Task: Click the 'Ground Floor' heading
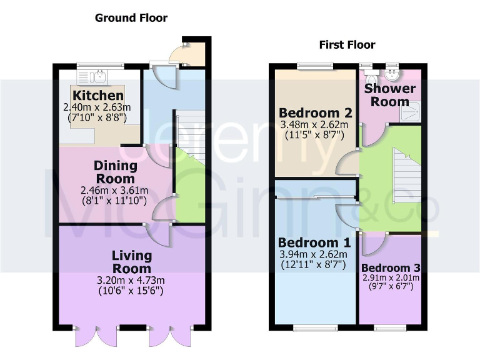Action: pos(131,17)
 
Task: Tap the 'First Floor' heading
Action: pos(347,44)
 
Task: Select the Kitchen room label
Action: pos(98,96)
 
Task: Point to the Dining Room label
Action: pos(116,172)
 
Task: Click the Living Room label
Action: pos(132,262)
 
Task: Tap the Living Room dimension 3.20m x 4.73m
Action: pos(132,279)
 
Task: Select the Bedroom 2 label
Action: pos(316,113)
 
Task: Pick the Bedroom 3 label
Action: pos(391,267)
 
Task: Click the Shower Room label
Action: pos(387,95)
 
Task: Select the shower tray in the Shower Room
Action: pos(411,112)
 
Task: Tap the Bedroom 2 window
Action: pos(315,65)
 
